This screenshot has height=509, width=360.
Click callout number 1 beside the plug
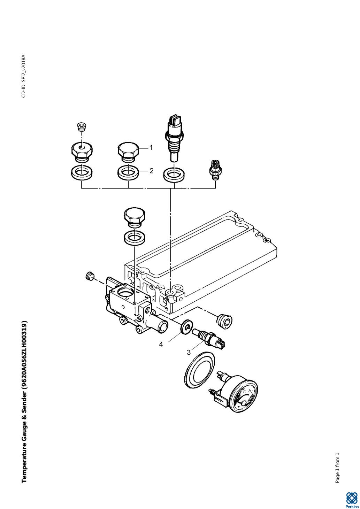click(x=151, y=148)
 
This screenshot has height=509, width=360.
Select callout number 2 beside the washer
click(x=152, y=171)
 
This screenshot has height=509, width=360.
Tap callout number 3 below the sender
click(x=189, y=353)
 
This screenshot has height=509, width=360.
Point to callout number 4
click(x=161, y=345)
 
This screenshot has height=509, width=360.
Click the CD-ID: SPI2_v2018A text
click(x=24, y=76)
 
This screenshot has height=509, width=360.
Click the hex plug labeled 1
click(x=128, y=152)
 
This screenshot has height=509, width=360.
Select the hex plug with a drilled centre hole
click(x=82, y=152)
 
